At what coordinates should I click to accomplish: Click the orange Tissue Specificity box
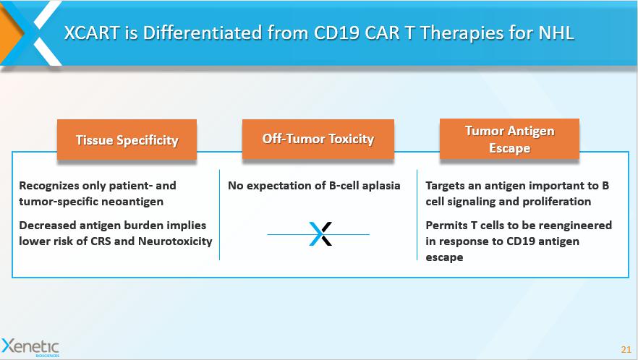(x=127, y=140)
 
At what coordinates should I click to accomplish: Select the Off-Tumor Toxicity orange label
(x=318, y=139)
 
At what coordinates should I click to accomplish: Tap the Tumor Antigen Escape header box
(x=509, y=139)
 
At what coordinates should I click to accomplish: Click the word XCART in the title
(x=92, y=33)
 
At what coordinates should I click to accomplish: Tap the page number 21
(x=626, y=349)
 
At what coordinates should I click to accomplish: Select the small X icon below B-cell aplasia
(x=320, y=234)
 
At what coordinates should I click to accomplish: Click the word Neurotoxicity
(x=175, y=241)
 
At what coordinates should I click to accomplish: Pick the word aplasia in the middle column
(x=381, y=186)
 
